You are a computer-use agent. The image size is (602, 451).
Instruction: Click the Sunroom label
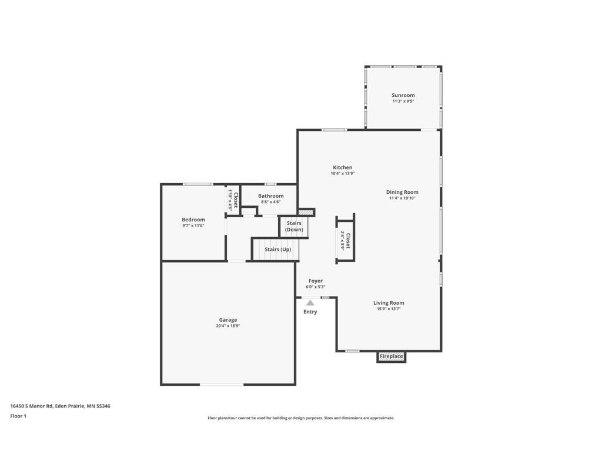[x=403, y=95]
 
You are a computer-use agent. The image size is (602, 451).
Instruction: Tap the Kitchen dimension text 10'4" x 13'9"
[x=343, y=173]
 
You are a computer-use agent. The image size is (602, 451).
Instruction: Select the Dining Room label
[x=402, y=192]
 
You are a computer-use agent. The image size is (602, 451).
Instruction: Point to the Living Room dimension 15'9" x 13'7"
[x=389, y=309]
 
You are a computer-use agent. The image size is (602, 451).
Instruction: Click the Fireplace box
[x=391, y=356]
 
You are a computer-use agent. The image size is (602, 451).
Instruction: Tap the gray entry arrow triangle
[x=310, y=303]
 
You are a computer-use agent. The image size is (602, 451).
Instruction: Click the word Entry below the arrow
[x=310, y=312]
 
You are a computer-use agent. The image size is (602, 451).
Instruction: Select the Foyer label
[x=316, y=281]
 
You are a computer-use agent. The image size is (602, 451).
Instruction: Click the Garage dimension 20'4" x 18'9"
[x=228, y=326]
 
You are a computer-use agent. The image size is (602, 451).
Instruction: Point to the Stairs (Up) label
[x=278, y=249]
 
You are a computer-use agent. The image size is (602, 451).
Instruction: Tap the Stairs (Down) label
[x=294, y=226]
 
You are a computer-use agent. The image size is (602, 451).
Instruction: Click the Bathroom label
[x=270, y=196]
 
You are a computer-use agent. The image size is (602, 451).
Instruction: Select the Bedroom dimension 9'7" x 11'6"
[x=193, y=225]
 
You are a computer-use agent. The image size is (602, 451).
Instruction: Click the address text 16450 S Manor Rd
[x=32, y=406]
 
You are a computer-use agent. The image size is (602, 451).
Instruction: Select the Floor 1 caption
[x=18, y=416]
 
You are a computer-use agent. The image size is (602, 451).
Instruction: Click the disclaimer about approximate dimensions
[x=301, y=418]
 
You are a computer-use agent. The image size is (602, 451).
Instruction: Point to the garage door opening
[x=222, y=384]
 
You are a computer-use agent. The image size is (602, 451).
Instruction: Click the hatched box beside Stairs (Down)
[x=306, y=213]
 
